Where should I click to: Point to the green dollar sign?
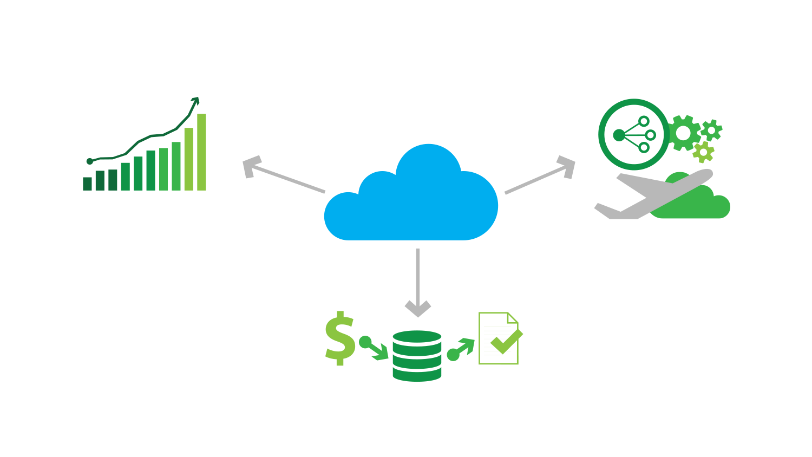pyautogui.click(x=339, y=339)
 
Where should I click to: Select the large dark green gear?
pyautogui.click(x=683, y=133)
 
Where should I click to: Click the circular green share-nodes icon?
pyautogui.click(x=633, y=135)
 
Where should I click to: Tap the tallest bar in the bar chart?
pyautogui.click(x=201, y=152)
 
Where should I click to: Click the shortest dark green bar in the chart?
pyautogui.click(x=87, y=184)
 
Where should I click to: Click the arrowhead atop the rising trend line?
pyautogui.click(x=196, y=101)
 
